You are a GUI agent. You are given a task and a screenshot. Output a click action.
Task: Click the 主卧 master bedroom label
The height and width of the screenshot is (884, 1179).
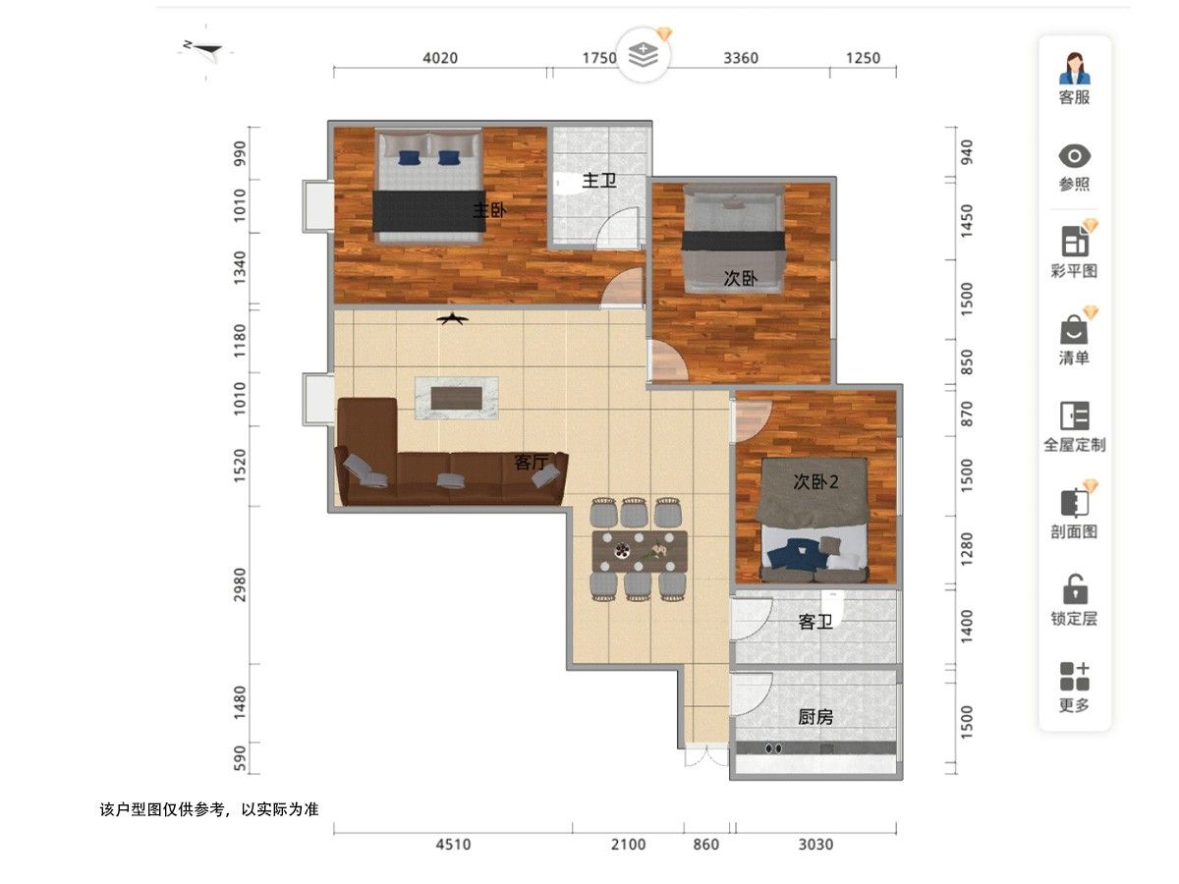[488, 210]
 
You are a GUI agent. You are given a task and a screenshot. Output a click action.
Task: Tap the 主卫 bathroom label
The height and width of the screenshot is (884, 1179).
[599, 180]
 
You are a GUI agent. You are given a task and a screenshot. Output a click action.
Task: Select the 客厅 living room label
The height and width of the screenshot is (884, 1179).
[531, 462]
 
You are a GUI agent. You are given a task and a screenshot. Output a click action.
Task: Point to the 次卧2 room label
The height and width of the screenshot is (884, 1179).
[815, 481]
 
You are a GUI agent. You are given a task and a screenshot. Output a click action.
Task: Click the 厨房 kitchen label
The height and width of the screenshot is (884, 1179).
[814, 717]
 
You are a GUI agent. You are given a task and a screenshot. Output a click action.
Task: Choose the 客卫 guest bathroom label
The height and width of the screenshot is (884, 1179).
[814, 622]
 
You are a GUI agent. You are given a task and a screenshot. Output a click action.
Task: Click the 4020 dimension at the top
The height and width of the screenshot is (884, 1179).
[440, 58]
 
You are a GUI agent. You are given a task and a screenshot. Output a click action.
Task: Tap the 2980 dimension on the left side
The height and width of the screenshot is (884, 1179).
[240, 585]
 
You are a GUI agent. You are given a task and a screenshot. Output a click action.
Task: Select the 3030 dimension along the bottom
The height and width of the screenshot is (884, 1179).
[815, 845]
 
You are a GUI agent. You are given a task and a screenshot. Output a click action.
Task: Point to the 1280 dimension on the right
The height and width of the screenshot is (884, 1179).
[966, 549]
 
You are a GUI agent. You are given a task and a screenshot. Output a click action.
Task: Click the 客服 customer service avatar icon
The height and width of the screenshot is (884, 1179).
[1074, 69]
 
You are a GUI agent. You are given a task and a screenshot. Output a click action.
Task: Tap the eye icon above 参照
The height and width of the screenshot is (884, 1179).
[1074, 156]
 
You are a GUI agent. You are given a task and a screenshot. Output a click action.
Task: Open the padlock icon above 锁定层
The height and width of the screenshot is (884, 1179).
[1075, 589]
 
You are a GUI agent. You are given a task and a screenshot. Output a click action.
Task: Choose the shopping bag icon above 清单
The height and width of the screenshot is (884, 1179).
[1074, 330]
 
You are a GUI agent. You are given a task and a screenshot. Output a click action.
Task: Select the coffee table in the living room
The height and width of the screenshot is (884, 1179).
[456, 398]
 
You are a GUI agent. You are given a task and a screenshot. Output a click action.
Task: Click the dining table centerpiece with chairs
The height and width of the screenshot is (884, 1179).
[640, 551]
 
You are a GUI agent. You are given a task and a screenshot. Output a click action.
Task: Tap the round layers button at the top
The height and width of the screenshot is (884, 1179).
[643, 55]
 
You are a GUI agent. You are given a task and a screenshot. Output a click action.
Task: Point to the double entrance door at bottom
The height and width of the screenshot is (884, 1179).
[706, 755]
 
